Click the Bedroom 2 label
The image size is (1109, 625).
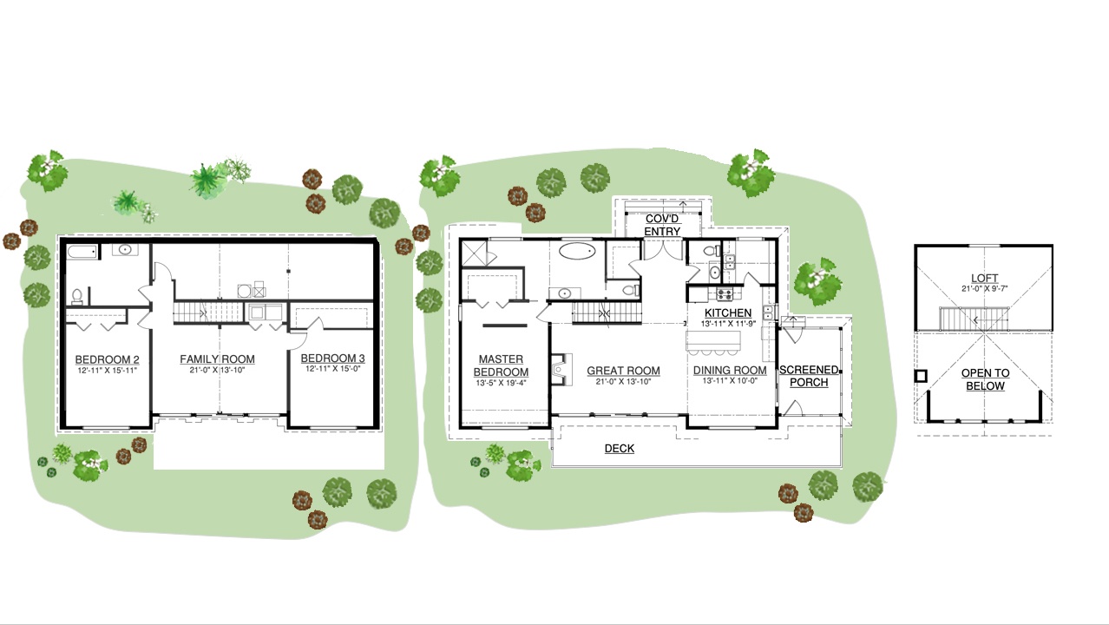107,359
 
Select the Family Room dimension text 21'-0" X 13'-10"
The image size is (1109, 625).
217,370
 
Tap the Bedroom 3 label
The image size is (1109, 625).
332,358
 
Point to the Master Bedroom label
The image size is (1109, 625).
501,365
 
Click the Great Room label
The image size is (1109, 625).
623,371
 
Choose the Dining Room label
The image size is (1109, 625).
730,370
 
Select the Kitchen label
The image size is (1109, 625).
728,313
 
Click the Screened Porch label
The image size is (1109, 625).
809,376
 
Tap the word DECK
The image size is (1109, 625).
620,448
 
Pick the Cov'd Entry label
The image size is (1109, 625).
662,225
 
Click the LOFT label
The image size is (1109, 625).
985,279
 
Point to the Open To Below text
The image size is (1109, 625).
985,379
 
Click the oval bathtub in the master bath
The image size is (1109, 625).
577,251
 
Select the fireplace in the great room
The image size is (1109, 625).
562,369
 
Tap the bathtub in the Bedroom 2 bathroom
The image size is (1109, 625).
83,252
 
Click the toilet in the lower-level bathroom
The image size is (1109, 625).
77,296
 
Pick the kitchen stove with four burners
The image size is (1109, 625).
725,294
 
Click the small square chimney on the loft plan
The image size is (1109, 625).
921,377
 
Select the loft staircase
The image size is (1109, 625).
974,319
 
